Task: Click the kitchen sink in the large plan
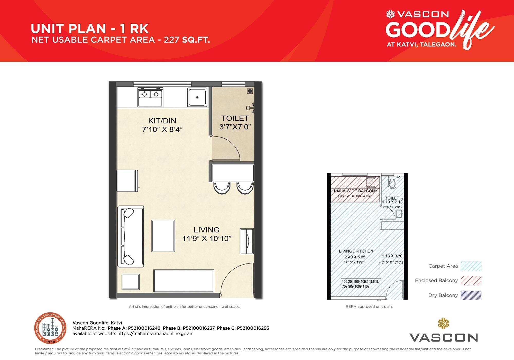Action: coord(197,97)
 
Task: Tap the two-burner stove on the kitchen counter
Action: coord(150,97)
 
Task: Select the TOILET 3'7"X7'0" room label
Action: coord(235,122)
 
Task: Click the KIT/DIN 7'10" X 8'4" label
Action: coord(162,125)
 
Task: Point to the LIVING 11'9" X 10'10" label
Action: coord(207,234)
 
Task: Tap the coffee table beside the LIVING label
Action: coord(163,236)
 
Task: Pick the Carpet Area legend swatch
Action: coord(471,266)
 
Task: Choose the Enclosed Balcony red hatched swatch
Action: coord(471,280)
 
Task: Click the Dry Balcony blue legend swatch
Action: coord(471,295)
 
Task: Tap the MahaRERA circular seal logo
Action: coord(50,328)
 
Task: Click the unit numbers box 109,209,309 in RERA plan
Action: coord(361,284)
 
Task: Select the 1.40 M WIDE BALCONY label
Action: coord(355,191)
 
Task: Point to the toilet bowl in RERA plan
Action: coord(392,184)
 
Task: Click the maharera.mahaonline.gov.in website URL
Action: coord(155,334)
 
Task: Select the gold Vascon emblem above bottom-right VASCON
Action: coord(443,323)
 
